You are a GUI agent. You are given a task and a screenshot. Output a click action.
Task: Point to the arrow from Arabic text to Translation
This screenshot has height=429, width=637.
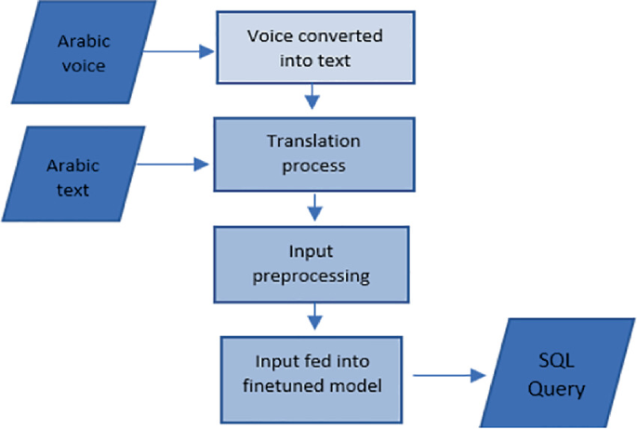click(177, 165)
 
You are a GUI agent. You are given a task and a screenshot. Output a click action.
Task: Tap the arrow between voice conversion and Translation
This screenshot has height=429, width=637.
click(314, 96)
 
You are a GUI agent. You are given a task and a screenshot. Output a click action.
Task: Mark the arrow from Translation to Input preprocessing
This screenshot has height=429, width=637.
click(314, 205)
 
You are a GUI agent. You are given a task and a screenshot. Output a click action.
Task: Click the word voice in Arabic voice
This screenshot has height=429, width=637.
click(82, 65)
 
